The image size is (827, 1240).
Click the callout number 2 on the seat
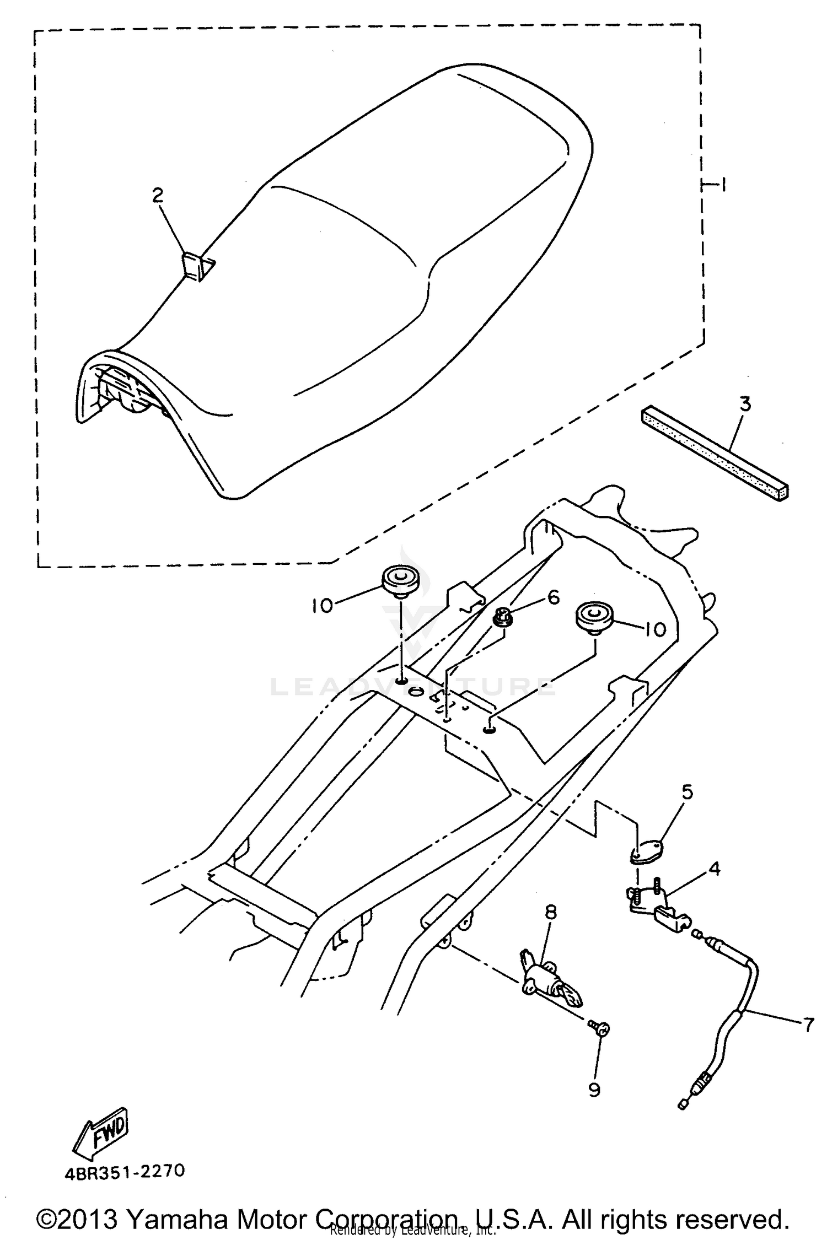(x=158, y=195)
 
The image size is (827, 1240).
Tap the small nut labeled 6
(x=503, y=616)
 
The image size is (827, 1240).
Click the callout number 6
(x=552, y=597)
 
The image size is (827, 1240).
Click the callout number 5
(x=686, y=792)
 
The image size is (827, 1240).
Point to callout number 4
(x=714, y=869)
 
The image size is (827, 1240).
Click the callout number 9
(x=594, y=1090)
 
